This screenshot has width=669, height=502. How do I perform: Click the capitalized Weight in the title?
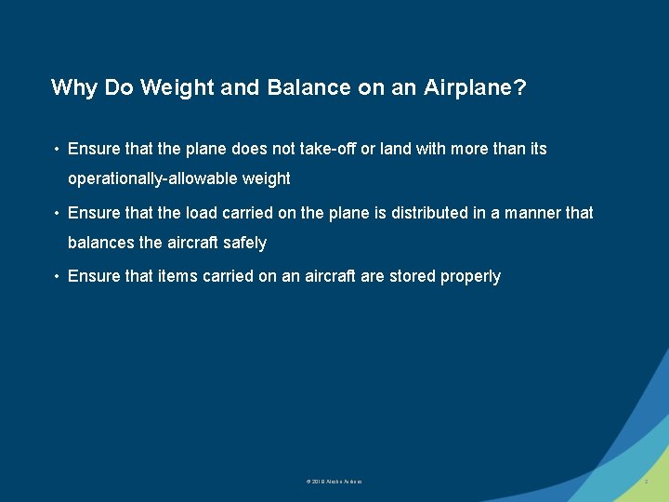(182, 88)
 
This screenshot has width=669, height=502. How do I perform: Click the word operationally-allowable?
(151, 178)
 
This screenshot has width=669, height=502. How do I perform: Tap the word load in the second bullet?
(202, 213)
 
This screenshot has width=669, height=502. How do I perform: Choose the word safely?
(245, 243)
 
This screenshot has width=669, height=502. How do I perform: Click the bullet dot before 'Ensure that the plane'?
(57, 150)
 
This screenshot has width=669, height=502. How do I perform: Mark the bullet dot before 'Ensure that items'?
(57, 277)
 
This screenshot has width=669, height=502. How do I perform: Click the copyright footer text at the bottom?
(334, 482)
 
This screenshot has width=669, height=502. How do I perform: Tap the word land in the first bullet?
(393, 149)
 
